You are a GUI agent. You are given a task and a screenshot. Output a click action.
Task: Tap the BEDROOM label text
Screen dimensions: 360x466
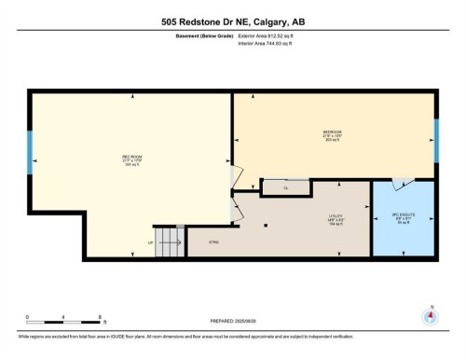coord(333,132)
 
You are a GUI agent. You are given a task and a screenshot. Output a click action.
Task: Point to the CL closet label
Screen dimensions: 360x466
coord(286,187)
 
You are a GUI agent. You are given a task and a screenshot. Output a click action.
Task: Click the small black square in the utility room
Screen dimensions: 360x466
coord(266,224)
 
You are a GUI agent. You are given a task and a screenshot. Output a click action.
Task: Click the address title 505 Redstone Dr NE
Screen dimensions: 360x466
coord(232,21)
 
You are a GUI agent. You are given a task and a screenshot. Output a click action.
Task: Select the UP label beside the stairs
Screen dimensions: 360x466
coord(150,243)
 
